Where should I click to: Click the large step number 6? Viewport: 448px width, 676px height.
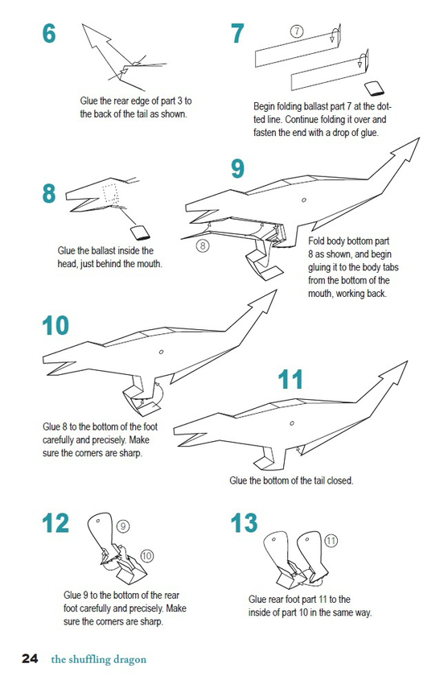(x=49, y=33)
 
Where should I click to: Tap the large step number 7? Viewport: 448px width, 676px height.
(x=237, y=33)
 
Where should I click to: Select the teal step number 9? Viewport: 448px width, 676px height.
(x=237, y=168)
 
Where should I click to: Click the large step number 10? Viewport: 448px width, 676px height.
(x=55, y=325)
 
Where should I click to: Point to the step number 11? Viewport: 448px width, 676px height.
(x=290, y=379)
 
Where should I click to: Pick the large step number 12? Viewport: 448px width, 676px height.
(x=55, y=523)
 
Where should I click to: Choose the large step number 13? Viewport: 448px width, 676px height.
(x=244, y=523)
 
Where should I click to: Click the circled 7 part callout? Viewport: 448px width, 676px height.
(x=296, y=31)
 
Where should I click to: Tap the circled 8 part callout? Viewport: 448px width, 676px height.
(x=203, y=245)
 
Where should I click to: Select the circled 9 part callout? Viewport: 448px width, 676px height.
(x=123, y=526)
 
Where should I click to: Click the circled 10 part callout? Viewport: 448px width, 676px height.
(x=146, y=556)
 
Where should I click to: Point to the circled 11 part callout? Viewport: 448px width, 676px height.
(x=331, y=541)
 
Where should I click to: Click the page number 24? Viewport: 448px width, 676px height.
(x=30, y=659)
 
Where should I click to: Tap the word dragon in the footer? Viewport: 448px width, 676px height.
(x=129, y=660)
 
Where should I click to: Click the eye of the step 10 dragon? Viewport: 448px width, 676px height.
(x=161, y=352)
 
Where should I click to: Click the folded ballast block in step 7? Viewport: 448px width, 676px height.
(x=374, y=88)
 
